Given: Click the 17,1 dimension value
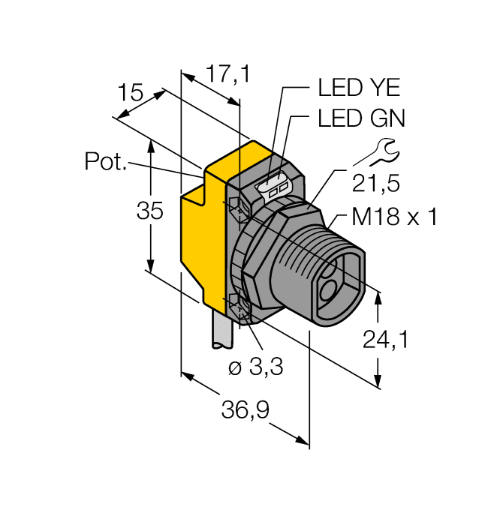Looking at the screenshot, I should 227,74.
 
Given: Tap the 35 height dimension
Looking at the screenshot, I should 149,212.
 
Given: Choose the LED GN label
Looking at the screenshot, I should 361,118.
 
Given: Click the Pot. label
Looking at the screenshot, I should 105,161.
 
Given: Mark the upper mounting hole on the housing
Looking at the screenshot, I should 235,205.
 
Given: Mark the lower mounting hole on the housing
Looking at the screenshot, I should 237,305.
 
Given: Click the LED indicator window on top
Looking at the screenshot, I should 273,187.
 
